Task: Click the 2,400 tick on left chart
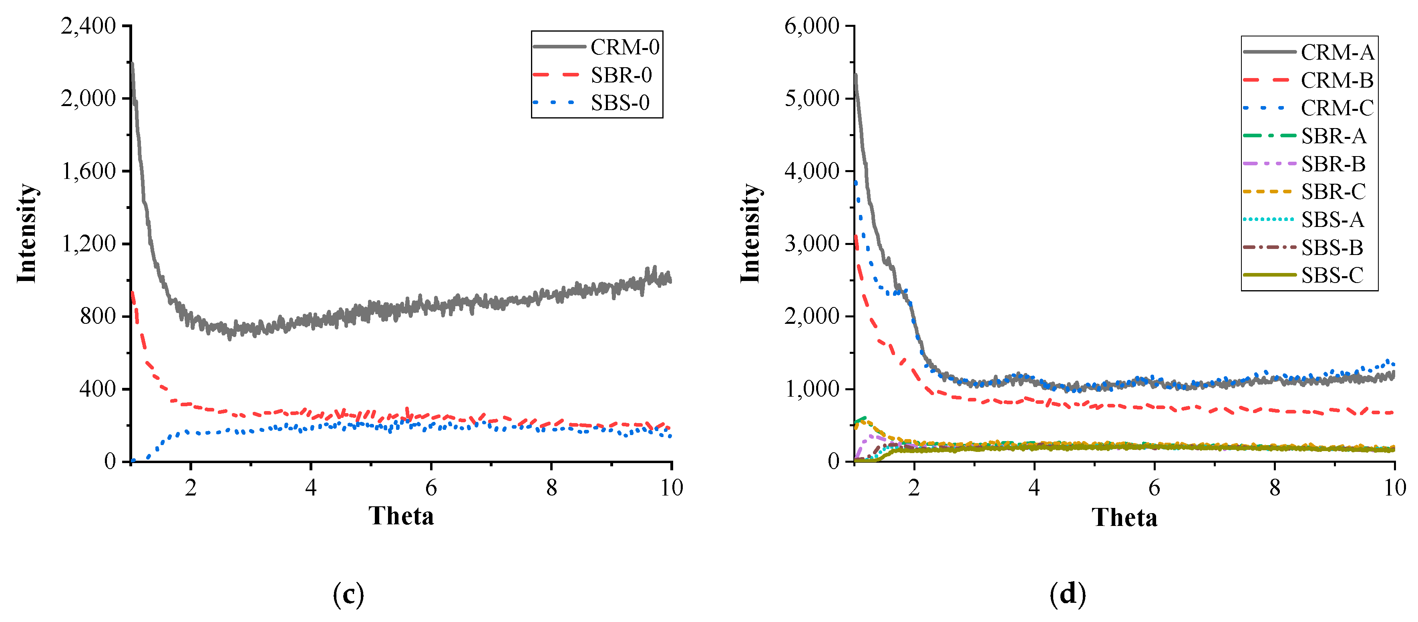point(88,26)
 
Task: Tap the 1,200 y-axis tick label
point(88,244)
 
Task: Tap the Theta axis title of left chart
point(401,516)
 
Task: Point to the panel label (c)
point(348,594)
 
